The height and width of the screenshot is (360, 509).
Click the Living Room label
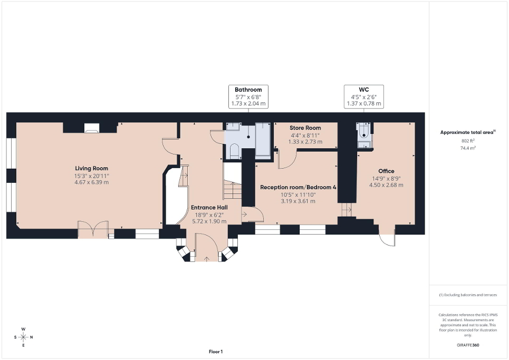91,168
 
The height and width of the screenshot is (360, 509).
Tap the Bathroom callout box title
248,90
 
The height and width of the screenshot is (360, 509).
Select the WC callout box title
364,90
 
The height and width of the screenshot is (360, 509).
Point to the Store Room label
305,128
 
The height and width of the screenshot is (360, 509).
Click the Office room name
386,171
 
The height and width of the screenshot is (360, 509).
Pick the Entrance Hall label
209,207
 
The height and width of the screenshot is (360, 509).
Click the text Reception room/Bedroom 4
298,187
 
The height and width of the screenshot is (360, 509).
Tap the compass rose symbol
23,337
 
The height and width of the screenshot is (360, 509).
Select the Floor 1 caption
215,352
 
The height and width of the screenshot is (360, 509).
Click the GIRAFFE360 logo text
469,345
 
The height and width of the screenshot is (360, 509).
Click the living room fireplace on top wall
91,128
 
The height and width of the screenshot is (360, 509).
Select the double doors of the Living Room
93,230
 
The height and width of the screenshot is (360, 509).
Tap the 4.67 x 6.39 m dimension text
91,182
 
